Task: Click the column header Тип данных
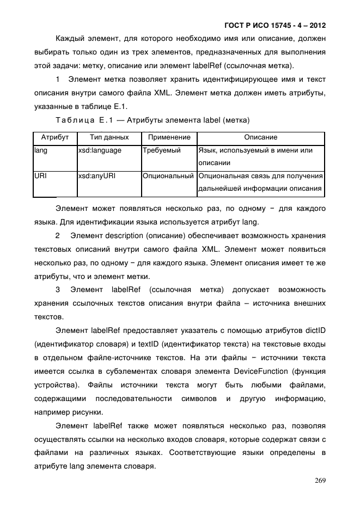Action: (109, 137)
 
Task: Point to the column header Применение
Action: (169, 137)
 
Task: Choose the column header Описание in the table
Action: (260, 137)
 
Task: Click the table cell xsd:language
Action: (100, 150)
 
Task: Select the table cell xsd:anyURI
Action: (97, 176)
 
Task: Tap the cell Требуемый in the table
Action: (161, 150)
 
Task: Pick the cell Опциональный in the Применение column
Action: (168, 176)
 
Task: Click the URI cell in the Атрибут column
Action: (40, 176)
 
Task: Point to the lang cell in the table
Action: (40, 150)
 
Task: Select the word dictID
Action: (315, 330)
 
